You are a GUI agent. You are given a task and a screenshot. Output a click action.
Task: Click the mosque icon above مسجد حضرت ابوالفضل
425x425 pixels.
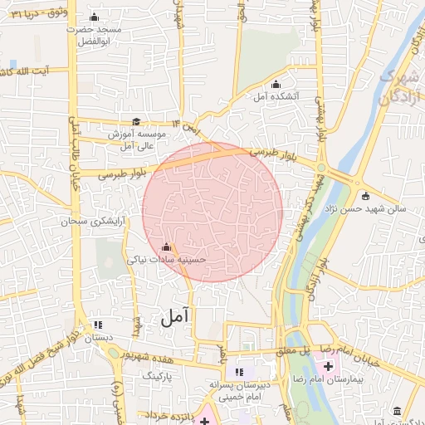[93, 17]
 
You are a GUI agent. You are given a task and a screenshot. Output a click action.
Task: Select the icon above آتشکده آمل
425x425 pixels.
[276, 83]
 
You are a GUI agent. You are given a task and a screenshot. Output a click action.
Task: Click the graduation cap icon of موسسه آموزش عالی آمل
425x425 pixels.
[136, 121]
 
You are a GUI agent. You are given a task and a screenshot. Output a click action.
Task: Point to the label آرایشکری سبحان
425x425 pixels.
[95, 222]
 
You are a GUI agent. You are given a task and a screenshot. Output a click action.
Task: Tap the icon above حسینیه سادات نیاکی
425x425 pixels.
[166, 247]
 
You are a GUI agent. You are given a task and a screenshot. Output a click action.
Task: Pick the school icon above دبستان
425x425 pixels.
[98, 325]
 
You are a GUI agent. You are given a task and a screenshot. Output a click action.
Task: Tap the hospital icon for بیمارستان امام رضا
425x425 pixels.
[326, 367]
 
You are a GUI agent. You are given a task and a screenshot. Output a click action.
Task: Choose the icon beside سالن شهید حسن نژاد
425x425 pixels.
[365, 196]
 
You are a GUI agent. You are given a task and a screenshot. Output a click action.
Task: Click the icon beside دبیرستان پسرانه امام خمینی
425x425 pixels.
[240, 372]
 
